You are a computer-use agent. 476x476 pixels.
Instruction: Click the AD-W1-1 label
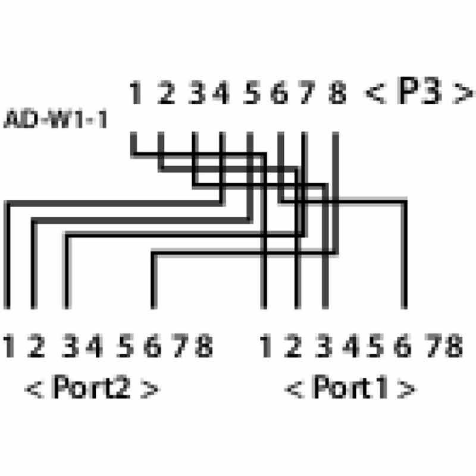(x=55, y=118)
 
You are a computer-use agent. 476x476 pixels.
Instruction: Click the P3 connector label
(x=419, y=91)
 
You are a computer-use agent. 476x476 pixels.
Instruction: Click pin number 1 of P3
(x=135, y=92)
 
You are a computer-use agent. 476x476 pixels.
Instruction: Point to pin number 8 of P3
(x=337, y=92)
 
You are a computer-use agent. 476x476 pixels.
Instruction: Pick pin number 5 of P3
(x=252, y=92)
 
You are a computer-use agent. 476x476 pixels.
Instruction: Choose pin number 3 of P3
(x=197, y=92)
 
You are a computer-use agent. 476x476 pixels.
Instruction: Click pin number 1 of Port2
(x=8, y=346)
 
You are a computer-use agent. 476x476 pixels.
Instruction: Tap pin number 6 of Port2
(x=152, y=346)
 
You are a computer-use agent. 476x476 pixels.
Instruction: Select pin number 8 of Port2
(x=204, y=346)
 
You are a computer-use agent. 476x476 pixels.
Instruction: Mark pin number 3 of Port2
(x=70, y=346)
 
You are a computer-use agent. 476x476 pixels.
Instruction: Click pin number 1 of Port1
(x=265, y=346)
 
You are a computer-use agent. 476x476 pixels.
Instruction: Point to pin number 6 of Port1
(x=402, y=346)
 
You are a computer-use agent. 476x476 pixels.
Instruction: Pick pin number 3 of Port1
(x=324, y=346)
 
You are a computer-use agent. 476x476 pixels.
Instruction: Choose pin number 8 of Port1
(x=454, y=346)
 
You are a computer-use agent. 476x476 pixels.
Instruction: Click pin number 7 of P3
(x=306, y=92)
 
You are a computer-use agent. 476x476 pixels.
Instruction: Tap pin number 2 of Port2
(x=36, y=346)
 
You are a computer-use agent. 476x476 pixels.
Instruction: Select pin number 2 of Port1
(x=293, y=346)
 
